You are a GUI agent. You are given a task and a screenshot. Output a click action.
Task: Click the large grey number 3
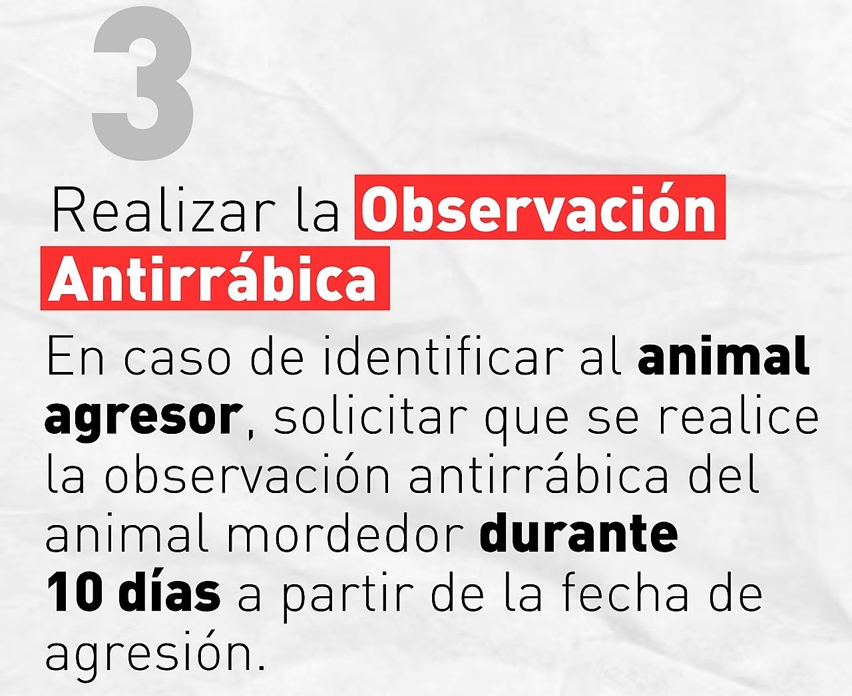click(142, 84)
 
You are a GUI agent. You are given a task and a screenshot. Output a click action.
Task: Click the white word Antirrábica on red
click(212, 278)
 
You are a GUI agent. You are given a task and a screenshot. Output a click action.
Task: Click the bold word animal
click(724, 356)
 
